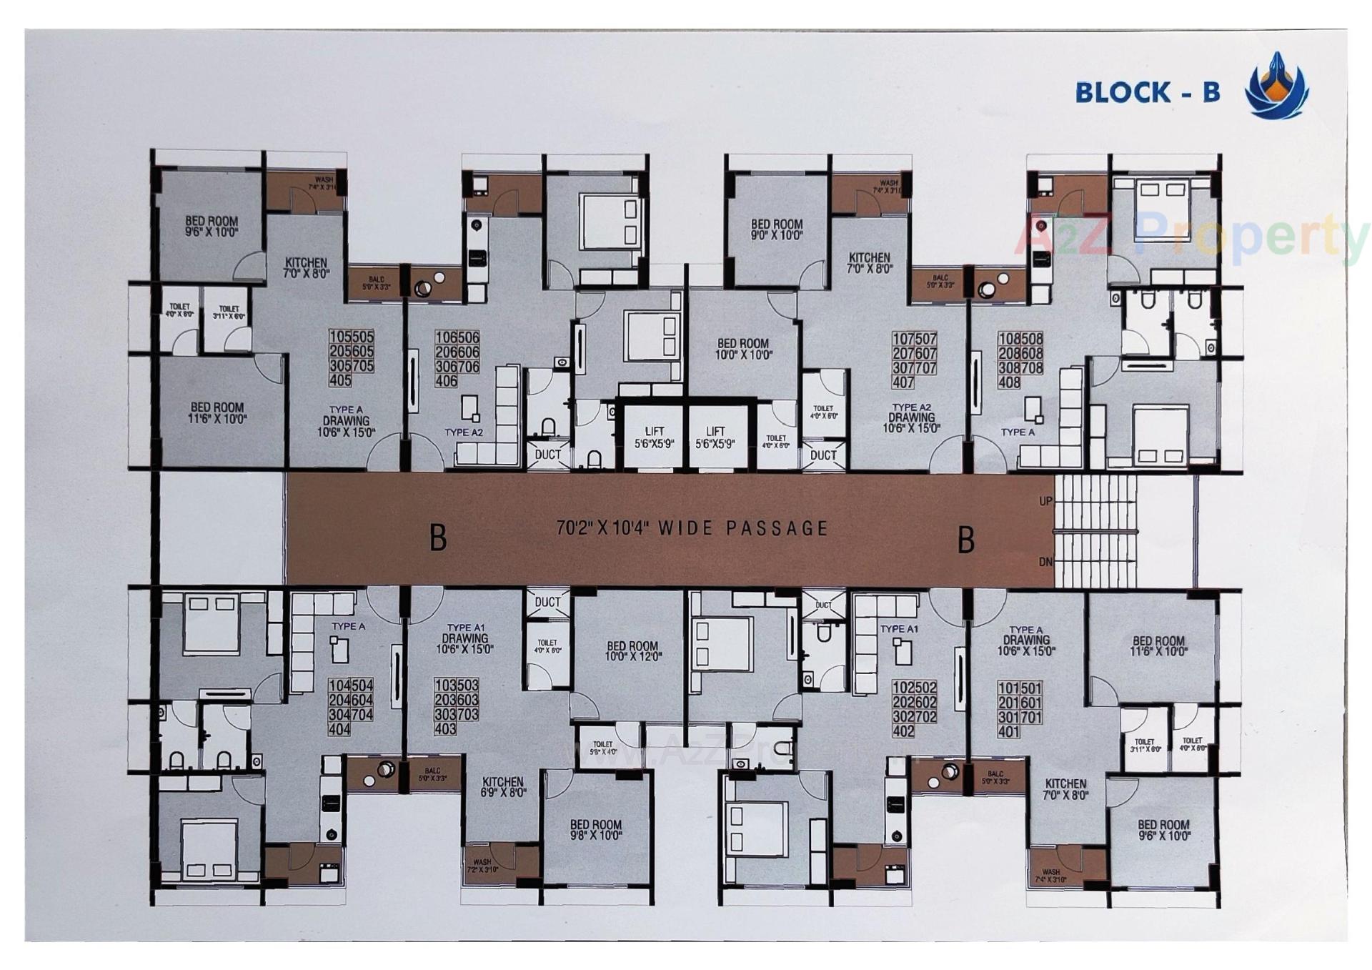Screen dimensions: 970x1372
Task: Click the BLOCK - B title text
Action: click(x=1147, y=92)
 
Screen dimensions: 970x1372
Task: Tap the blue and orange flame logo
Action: click(x=1276, y=86)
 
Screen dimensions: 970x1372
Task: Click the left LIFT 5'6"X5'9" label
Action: click(x=654, y=437)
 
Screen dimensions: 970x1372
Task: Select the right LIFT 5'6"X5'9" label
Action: click(x=715, y=437)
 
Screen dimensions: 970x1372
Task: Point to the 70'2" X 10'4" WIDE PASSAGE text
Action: click(x=692, y=528)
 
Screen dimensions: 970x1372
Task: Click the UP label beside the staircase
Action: click(x=1045, y=501)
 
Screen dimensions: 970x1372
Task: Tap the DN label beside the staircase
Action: click(x=1045, y=562)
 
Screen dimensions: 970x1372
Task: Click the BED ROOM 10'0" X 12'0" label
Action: click(x=632, y=650)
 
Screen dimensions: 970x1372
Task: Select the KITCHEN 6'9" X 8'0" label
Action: click(x=502, y=787)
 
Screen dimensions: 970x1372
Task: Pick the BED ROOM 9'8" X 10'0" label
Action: click(x=595, y=829)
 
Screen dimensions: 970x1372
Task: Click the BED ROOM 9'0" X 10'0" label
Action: click(x=776, y=229)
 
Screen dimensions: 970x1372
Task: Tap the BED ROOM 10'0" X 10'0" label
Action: click(x=743, y=349)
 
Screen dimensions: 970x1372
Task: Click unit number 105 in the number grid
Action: click(x=340, y=337)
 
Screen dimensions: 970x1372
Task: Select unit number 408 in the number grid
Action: click(x=1009, y=382)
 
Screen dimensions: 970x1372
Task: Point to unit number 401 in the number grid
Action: click(x=1009, y=732)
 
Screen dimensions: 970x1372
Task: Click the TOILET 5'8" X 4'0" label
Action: click(x=602, y=748)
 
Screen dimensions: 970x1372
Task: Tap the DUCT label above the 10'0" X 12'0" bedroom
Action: click(x=547, y=602)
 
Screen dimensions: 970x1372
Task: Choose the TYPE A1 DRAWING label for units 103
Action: click(x=464, y=638)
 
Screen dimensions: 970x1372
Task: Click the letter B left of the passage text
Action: click(x=438, y=538)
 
